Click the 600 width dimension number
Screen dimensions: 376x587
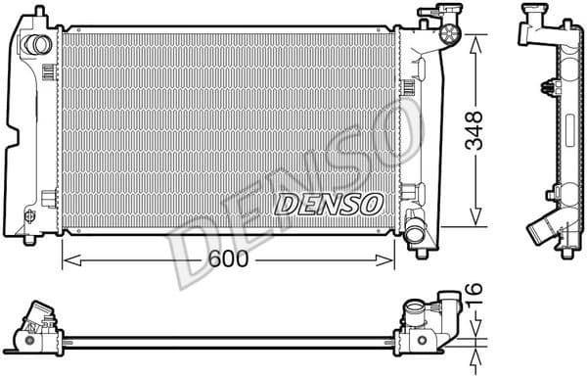(226, 259)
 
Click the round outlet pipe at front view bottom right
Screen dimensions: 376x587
(417, 235)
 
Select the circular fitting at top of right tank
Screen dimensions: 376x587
(451, 33)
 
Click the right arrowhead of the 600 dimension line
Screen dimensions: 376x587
(388, 260)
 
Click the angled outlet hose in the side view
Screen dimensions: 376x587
(541, 232)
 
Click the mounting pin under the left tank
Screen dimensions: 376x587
(30, 239)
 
